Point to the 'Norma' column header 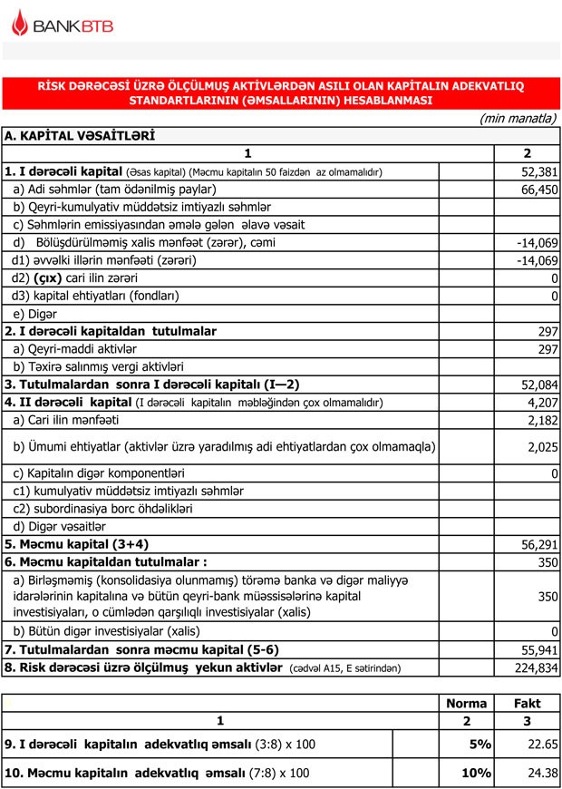pos(467,703)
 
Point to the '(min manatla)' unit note pos(517,119)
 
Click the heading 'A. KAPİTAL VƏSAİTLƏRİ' pos(80,136)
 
